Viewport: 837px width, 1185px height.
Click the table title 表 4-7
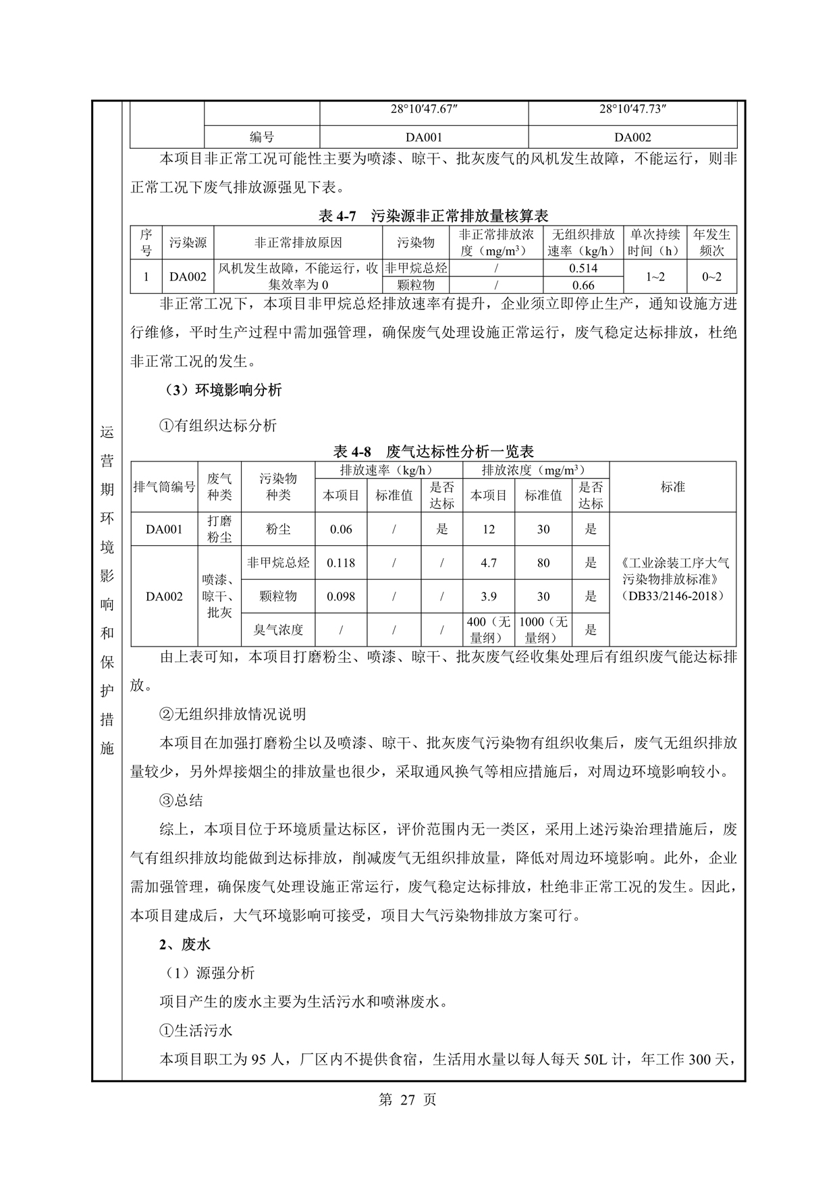[433, 216]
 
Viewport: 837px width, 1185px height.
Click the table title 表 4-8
[433, 451]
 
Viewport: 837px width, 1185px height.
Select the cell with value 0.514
[583, 268]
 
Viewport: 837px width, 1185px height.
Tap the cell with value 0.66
[583, 285]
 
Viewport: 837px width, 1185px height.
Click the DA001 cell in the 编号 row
[424, 137]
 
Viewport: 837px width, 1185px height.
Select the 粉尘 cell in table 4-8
[278, 529]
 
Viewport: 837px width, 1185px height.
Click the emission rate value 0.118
[341, 563]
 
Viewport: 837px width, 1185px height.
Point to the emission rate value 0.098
[341, 597]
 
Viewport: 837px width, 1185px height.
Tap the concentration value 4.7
[489, 563]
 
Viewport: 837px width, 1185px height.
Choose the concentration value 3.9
[489, 597]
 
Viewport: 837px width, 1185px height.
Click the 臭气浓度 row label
[278, 630]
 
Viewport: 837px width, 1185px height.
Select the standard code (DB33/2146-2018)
[672, 596]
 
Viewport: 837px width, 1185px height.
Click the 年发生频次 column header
[711, 242]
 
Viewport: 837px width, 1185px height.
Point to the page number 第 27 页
[408, 1099]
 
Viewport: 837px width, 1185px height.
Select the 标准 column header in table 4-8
[672, 486]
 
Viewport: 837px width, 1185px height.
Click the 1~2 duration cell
[655, 276]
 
